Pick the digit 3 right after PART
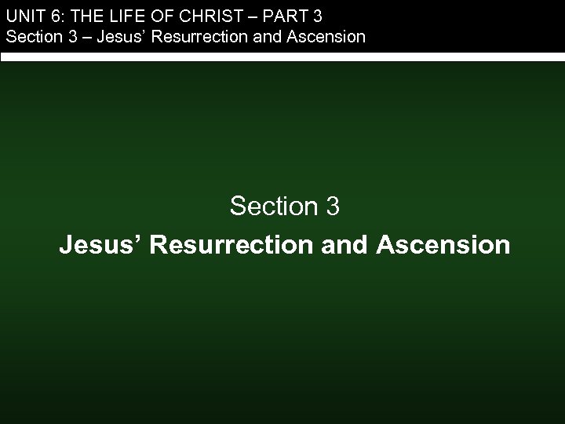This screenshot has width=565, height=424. coord(316,15)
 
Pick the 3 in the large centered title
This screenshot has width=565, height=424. coord(332,207)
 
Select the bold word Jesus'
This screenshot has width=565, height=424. coord(100,245)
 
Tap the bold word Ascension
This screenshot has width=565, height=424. coord(443,245)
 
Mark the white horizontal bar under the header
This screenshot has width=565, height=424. coord(282,57)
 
